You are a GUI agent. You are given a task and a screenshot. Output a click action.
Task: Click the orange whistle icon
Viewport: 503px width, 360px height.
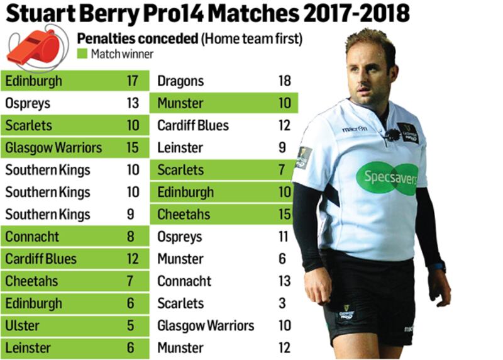point(34,48)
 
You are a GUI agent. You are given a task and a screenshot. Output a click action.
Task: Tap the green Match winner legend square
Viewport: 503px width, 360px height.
point(82,54)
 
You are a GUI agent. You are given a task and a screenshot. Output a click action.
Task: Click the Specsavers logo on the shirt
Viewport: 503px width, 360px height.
point(387,178)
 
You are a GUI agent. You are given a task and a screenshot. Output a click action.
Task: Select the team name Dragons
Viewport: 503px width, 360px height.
point(180,81)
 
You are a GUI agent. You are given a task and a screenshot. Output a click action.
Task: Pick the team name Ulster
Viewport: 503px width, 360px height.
point(22,326)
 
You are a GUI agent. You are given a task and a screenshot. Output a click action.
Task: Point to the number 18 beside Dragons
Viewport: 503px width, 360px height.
point(284,81)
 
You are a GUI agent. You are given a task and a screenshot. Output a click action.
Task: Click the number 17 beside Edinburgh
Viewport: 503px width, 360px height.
point(131,81)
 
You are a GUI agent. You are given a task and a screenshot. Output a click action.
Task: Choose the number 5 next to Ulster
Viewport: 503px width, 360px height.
point(131,326)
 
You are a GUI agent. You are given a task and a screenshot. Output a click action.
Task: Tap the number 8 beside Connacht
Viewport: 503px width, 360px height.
point(131,237)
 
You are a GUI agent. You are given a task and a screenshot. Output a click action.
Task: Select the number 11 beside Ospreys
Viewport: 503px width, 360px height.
point(284,237)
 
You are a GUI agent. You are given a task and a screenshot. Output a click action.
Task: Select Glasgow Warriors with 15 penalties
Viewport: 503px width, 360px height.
point(53,148)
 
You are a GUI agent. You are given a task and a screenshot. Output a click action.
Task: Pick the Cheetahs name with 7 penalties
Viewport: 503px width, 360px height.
point(32,281)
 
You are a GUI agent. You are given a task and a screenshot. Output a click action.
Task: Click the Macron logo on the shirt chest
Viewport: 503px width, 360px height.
point(355,129)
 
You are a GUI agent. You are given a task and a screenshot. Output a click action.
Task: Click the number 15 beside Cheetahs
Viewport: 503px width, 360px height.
point(284,215)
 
